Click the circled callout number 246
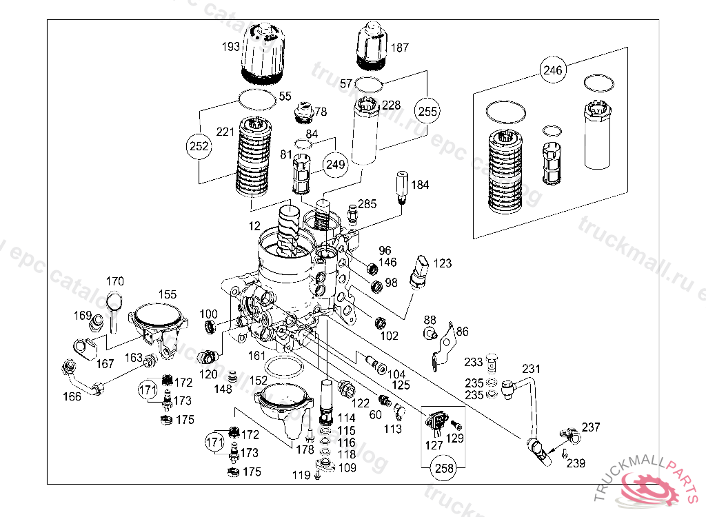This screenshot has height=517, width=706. (553, 70)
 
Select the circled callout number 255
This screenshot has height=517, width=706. (427, 110)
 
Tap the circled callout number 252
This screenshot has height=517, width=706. (198, 145)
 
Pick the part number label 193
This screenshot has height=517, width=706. (231, 47)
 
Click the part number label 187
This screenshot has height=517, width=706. (400, 48)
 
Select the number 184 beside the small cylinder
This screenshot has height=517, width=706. (420, 185)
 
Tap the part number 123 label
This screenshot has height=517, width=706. (443, 263)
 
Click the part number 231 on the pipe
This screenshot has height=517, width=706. (531, 368)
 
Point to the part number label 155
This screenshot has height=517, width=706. (168, 294)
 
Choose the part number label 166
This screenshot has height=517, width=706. (72, 396)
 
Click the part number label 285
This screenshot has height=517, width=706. (367, 204)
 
